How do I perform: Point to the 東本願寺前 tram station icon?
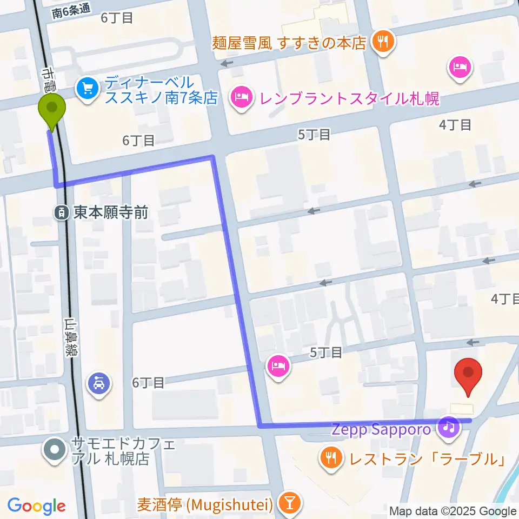click(62, 212)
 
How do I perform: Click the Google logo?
click(36, 506)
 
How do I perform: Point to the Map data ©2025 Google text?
click(453, 511)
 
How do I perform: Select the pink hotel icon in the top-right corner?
click(460, 68)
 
